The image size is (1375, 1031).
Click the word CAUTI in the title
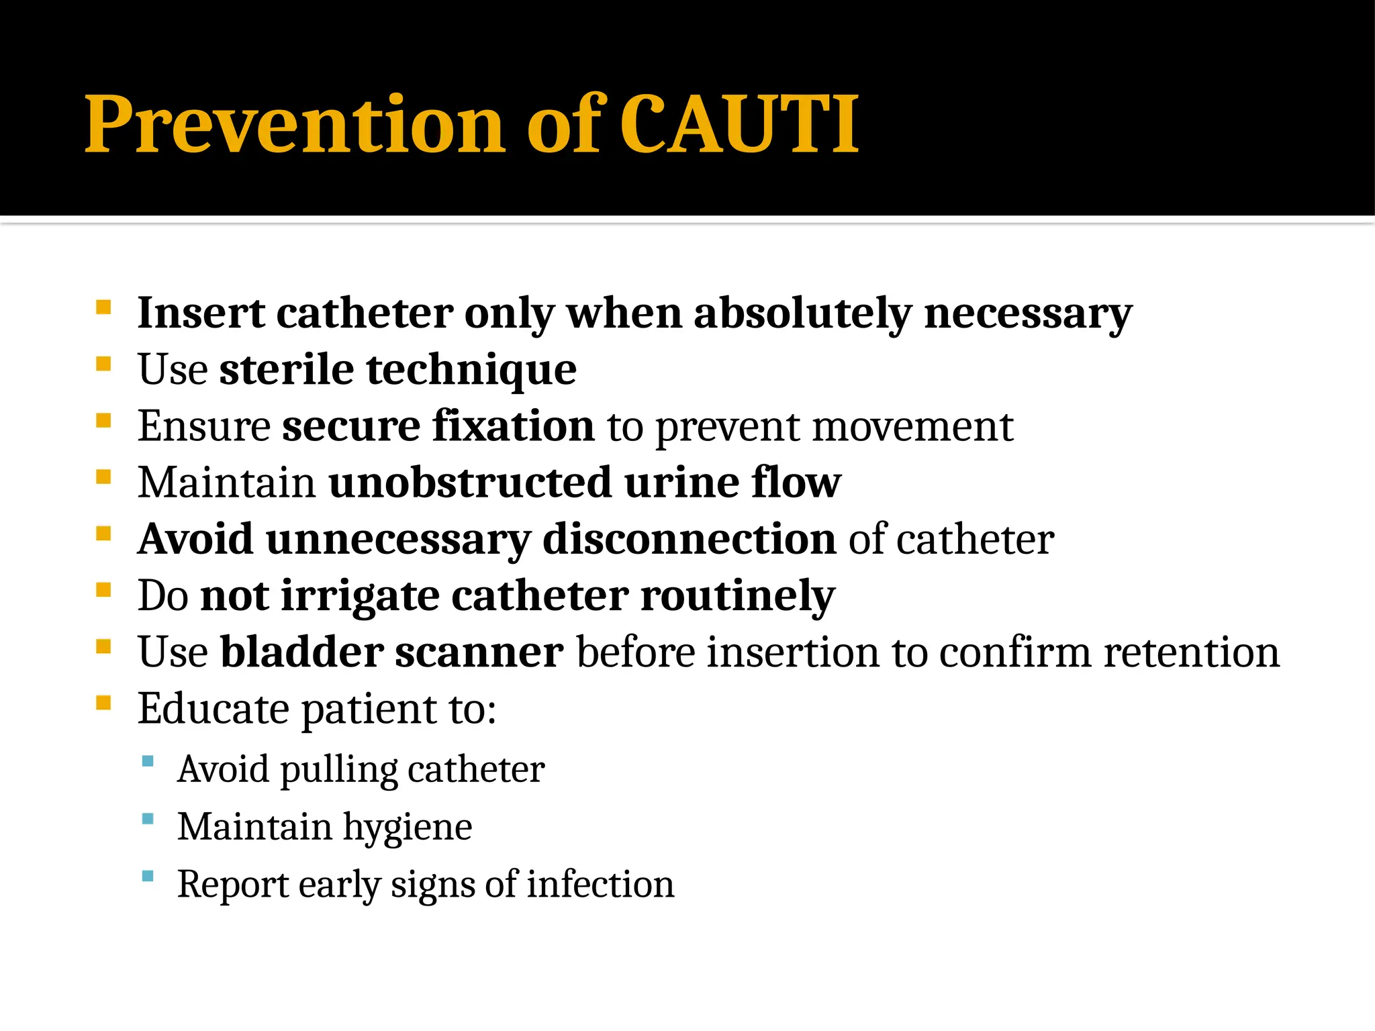tap(739, 124)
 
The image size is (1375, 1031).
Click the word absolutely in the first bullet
tap(802, 313)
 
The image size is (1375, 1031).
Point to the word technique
tap(471, 371)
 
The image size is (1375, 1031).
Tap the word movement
tap(912, 427)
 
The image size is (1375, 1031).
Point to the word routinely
tap(738, 596)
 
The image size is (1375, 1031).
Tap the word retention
tap(1192, 652)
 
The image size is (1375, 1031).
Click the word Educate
tap(214, 708)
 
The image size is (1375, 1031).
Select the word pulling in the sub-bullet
tap(339, 770)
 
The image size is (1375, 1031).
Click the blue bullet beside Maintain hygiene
tap(148, 819)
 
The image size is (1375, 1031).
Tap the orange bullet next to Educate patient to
tap(103, 702)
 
